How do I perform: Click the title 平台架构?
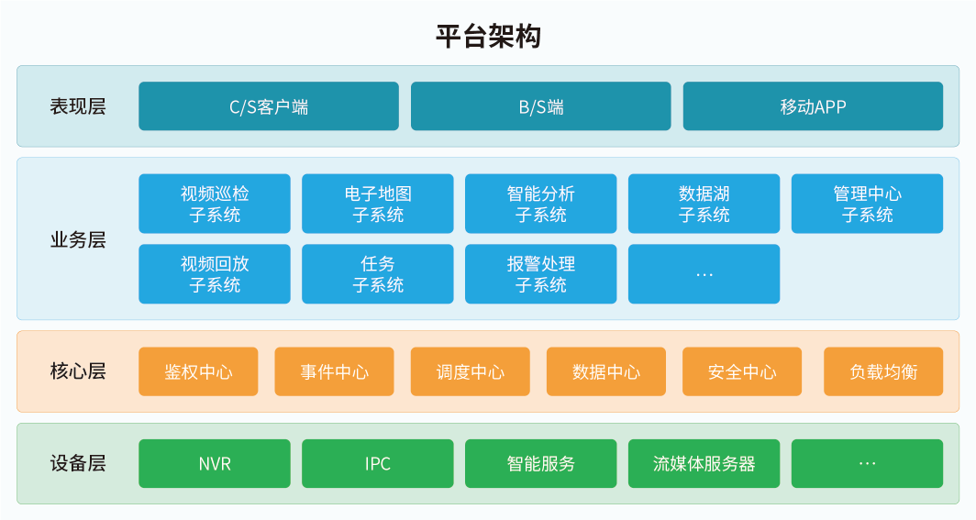click(x=488, y=36)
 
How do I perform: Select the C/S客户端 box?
click(x=268, y=106)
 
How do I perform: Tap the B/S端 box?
click(x=541, y=106)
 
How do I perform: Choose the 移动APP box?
click(x=813, y=106)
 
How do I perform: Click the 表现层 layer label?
click(x=78, y=106)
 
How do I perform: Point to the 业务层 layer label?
click(x=78, y=239)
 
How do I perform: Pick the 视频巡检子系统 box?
click(x=215, y=204)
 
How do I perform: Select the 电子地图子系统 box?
click(x=378, y=204)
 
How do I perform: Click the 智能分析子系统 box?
click(x=541, y=204)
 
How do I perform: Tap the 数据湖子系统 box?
click(x=704, y=204)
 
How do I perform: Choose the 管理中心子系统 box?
click(x=867, y=204)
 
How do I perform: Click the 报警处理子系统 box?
click(x=541, y=273)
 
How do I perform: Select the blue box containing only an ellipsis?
click(x=704, y=273)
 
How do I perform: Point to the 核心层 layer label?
click(x=78, y=371)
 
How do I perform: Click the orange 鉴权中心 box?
click(x=198, y=371)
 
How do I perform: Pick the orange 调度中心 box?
click(x=470, y=371)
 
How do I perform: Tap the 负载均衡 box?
click(x=883, y=371)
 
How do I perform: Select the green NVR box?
click(x=215, y=463)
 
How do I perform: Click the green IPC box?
click(x=378, y=463)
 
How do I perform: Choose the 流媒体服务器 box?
click(x=704, y=463)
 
